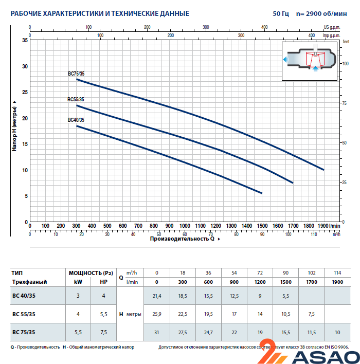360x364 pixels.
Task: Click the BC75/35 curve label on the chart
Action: click(76, 74)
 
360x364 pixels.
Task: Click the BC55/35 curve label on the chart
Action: click(76, 99)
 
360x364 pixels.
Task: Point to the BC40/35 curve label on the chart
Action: click(76, 120)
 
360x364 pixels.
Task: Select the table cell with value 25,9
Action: click(156, 314)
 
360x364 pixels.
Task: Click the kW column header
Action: click(77, 282)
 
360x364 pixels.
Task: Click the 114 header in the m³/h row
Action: click(336, 272)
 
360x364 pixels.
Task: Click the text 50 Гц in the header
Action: click(281, 13)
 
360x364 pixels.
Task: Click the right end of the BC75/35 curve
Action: click(323, 170)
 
